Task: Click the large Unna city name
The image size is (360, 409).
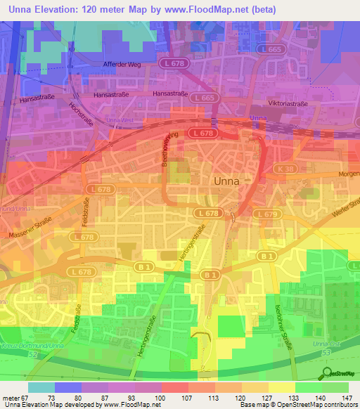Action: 226,181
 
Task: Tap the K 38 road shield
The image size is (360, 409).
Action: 285,169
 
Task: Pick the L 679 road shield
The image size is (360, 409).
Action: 267,214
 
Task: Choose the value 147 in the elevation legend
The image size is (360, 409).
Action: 348,397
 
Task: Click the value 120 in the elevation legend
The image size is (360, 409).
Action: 241,397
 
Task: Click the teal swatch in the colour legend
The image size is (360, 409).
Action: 41,387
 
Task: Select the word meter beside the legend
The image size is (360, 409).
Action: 9,397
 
